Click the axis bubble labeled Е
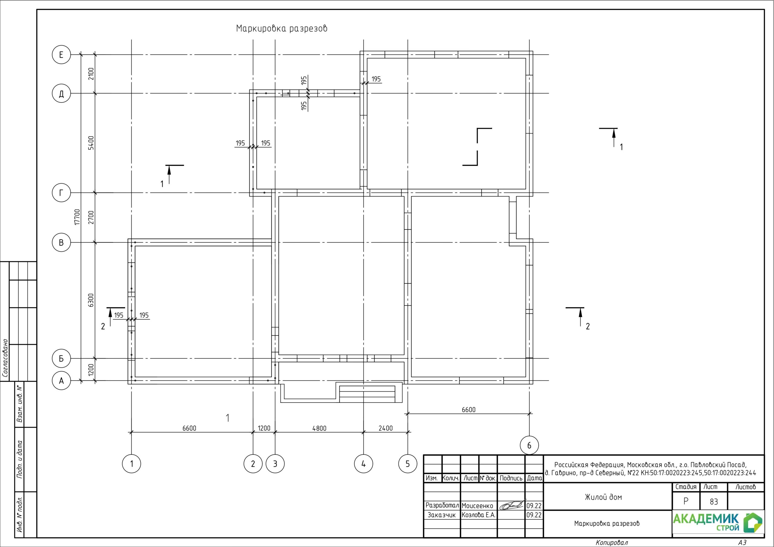point(61,55)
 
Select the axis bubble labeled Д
point(61,93)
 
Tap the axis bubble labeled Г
point(61,193)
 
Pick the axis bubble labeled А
point(61,381)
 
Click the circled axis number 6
point(529,445)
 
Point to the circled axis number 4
point(363,464)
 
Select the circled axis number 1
point(132,464)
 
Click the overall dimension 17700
point(77,217)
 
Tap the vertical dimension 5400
point(91,143)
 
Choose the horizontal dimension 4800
point(319,428)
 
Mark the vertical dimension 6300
point(91,300)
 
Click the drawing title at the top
point(281,29)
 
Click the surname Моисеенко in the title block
point(477,506)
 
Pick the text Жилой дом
point(603,497)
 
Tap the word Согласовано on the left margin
point(5,358)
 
